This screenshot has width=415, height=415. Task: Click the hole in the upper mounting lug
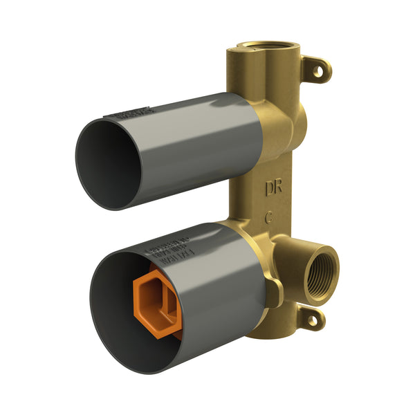320,70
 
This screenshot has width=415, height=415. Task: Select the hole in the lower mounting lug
312,319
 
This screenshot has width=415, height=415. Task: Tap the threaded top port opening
256,46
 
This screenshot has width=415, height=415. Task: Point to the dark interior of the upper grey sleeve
107,163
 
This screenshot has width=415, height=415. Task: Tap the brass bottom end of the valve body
266,331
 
